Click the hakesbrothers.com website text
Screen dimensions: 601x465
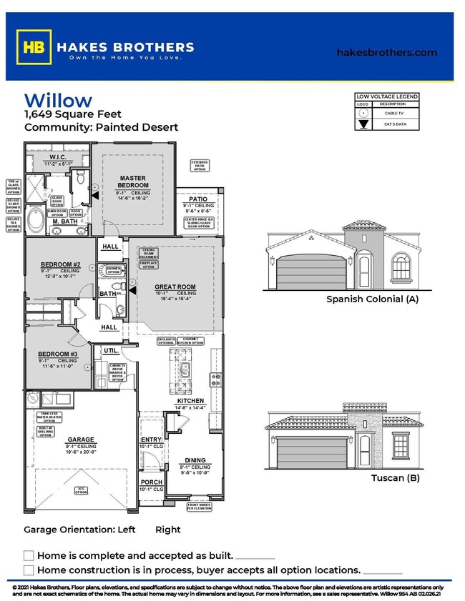click(x=386, y=52)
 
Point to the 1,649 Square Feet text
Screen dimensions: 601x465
click(x=73, y=114)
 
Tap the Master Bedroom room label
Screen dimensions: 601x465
click(x=133, y=182)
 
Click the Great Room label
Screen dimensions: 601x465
click(x=175, y=287)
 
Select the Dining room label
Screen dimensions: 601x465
click(x=195, y=460)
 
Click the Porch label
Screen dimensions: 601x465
click(x=152, y=482)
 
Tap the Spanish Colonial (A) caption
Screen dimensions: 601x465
click(x=372, y=299)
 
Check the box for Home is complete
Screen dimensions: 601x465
click(x=29, y=555)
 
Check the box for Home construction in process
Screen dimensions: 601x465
click(x=29, y=570)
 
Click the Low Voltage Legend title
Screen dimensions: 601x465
click(x=387, y=97)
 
